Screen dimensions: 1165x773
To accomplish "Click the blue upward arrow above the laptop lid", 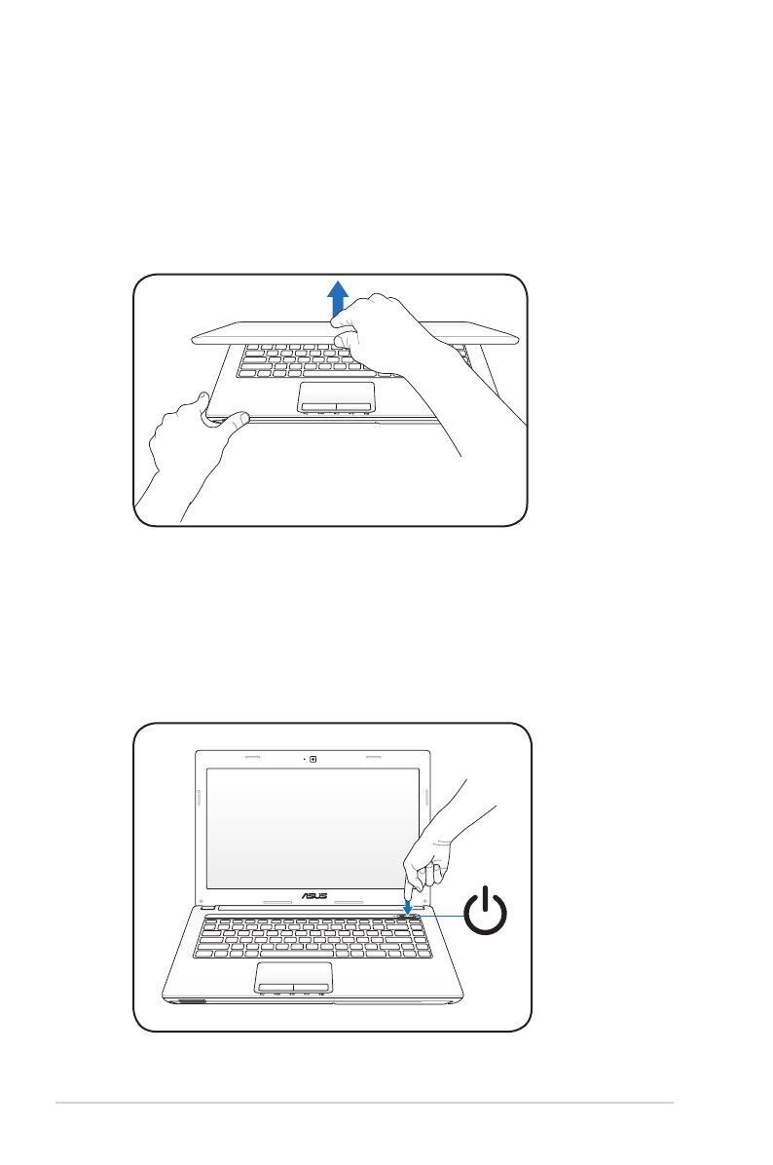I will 337,297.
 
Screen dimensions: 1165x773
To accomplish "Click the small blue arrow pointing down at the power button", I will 407,905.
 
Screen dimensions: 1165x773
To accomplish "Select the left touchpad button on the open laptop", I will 276,988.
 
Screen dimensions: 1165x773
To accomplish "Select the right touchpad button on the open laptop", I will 313,988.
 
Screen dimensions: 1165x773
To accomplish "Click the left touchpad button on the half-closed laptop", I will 317,403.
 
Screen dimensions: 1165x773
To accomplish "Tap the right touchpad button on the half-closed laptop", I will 355,403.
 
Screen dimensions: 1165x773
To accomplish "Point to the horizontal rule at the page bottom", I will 364,1104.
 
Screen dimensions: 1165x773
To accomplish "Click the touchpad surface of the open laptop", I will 294,973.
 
